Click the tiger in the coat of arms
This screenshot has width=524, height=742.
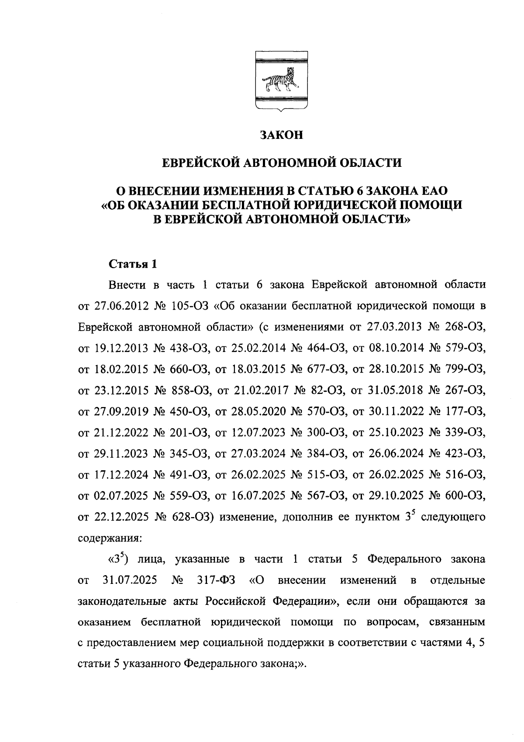pyautogui.click(x=280, y=82)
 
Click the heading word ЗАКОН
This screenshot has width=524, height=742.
pyautogui.click(x=281, y=135)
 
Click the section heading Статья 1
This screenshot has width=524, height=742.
pyautogui.click(x=132, y=264)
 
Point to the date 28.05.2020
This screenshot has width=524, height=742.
pyautogui.click(x=258, y=411)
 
